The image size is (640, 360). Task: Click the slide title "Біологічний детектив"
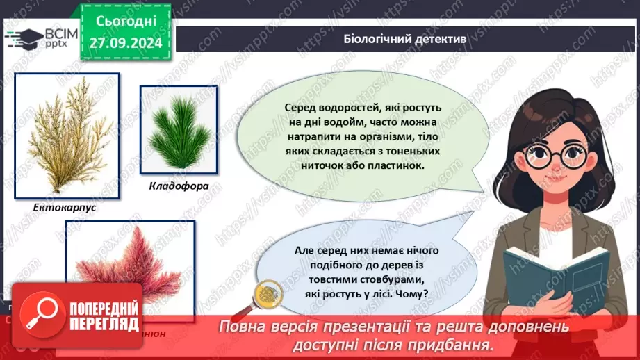404,38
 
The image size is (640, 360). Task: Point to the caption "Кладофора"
178,186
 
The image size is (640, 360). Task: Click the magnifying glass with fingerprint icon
266,294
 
